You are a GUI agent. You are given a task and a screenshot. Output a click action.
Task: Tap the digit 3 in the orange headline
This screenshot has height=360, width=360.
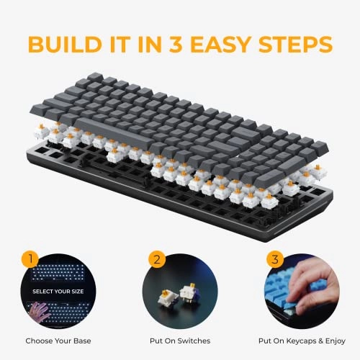pyautogui.click(x=176, y=45)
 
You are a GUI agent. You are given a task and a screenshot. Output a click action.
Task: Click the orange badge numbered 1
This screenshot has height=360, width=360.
pyautogui.click(x=30, y=259)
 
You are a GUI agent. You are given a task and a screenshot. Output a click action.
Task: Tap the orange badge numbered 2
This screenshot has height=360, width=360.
pyautogui.click(x=157, y=259)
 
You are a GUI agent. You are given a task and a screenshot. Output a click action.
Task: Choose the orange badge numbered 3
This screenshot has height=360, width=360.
pyautogui.click(x=275, y=259)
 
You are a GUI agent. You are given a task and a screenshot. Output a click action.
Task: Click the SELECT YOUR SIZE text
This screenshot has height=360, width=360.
pyautogui.click(x=58, y=292)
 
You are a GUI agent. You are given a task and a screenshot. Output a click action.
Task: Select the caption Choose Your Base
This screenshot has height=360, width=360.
pyautogui.click(x=58, y=341)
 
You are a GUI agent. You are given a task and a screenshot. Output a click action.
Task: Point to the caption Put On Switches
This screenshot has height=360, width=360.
pyautogui.click(x=180, y=341)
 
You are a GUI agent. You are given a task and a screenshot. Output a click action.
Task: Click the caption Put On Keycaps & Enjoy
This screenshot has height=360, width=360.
pyautogui.click(x=302, y=341)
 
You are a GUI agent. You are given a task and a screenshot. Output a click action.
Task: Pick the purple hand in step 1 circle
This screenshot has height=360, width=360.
pyautogui.click(x=39, y=312)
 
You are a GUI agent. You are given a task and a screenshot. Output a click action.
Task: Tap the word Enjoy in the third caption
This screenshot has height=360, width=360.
pyautogui.click(x=336, y=341)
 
